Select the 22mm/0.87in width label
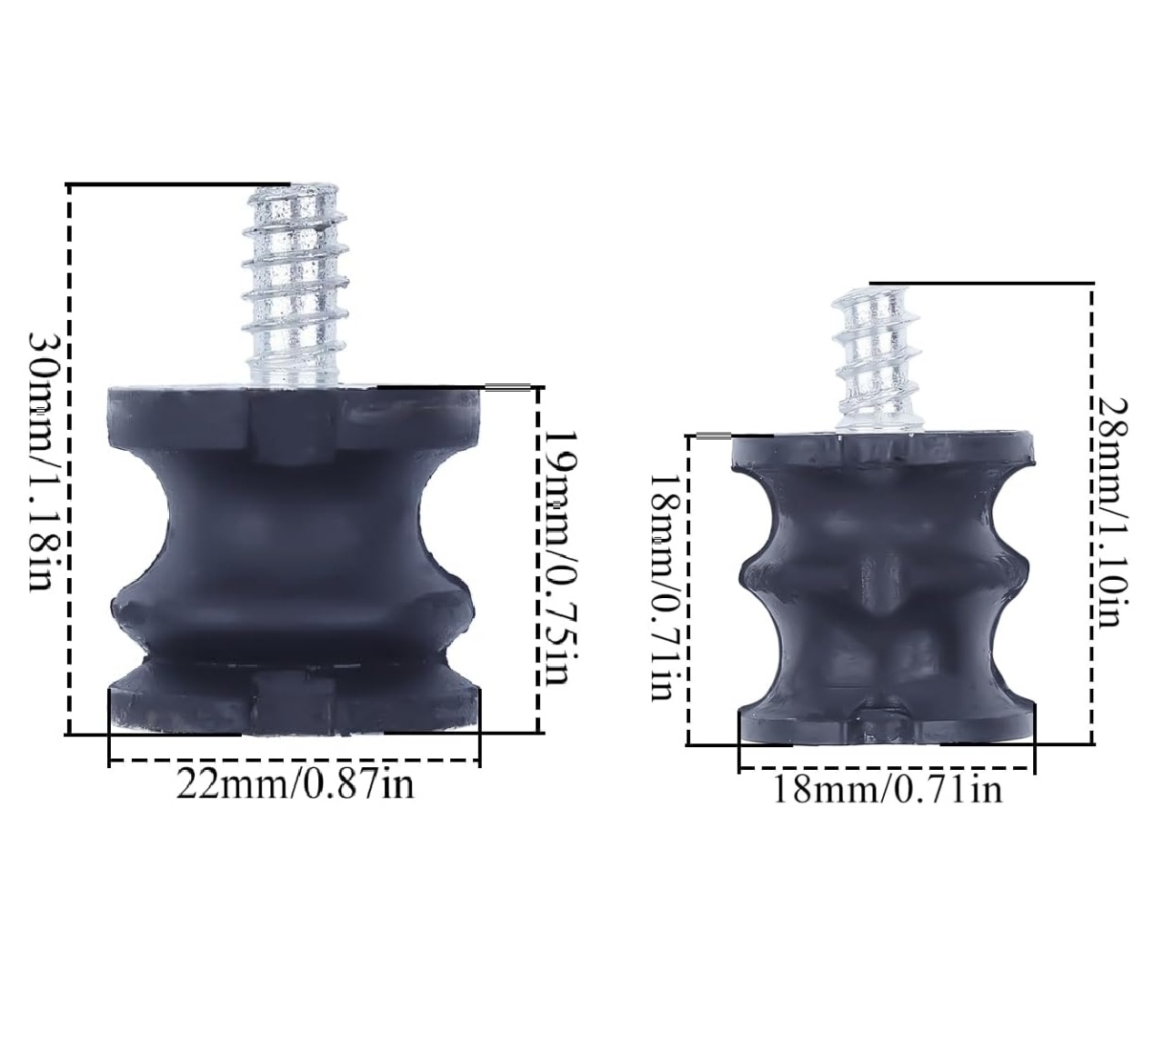[x=296, y=784]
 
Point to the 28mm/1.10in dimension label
[x=1110, y=513]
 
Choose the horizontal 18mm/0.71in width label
[x=888, y=790]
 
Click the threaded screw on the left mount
[x=296, y=284]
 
